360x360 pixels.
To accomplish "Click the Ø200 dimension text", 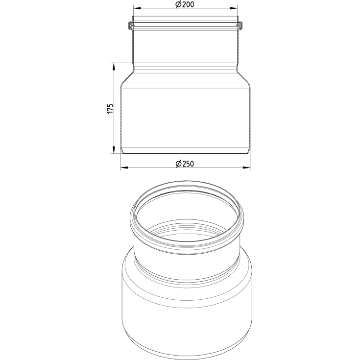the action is point(185,4).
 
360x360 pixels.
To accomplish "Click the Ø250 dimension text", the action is point(185,164).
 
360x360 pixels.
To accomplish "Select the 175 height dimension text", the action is point(110,108).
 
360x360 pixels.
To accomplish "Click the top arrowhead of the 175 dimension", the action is point(113,67).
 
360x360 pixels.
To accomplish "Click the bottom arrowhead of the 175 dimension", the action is point(113,150).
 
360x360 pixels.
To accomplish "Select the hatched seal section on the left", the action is point(130,25).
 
